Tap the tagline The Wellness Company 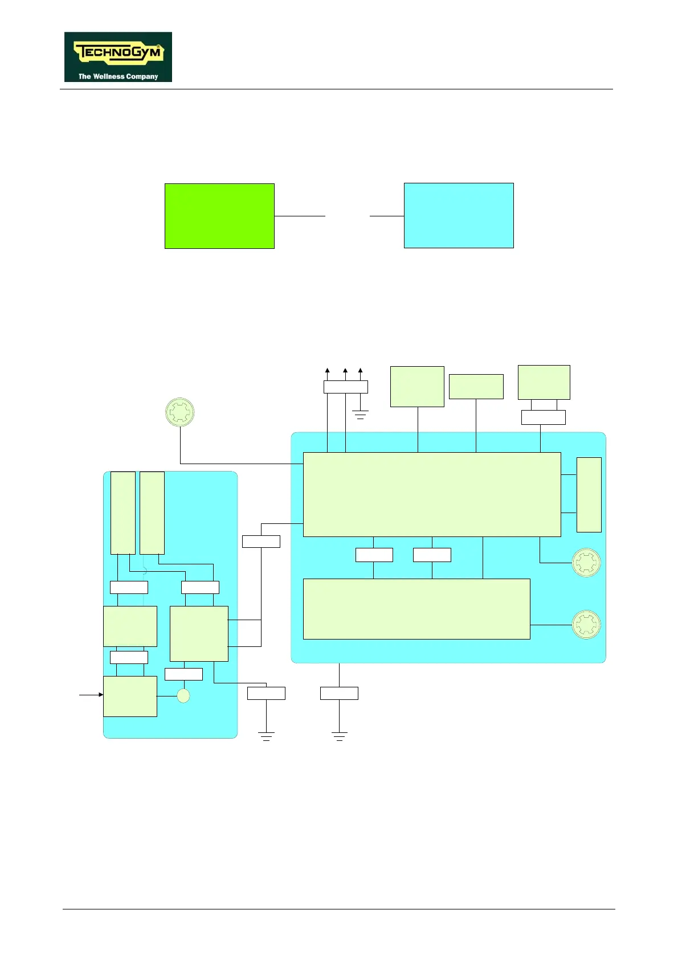pos(118,76)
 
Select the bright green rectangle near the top pos(219,216)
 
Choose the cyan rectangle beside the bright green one pos(459,215)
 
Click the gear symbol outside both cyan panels pos(179,412)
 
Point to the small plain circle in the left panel pos(183,696)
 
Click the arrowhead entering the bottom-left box pos(101,695)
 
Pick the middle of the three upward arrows pos(345,371)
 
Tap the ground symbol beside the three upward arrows pos(360,415)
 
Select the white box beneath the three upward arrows pos(345,387)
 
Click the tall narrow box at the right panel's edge pos(589,494)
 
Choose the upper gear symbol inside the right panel pos(586,563)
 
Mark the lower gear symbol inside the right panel pos(586,625)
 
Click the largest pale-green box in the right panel pos(432,494)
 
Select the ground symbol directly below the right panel pos(339,736)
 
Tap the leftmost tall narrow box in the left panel pos(122,513)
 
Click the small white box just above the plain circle pos(183,674)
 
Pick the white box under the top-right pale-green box pos(543,417)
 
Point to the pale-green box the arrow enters pos(130,696)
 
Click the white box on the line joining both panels pos(261,542)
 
